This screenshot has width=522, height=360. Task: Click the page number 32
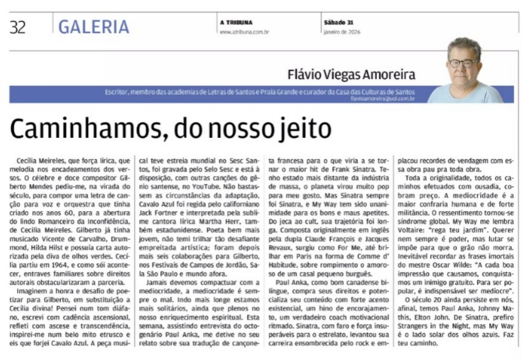pos(17,26)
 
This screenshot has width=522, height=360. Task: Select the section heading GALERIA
pos(94,26)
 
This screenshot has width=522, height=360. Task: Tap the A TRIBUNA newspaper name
pos(236,23)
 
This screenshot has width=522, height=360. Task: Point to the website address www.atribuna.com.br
pos(244,31)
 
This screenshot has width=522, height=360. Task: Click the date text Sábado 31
pos(339,23)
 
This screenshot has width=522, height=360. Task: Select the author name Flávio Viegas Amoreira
pos(351,75)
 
